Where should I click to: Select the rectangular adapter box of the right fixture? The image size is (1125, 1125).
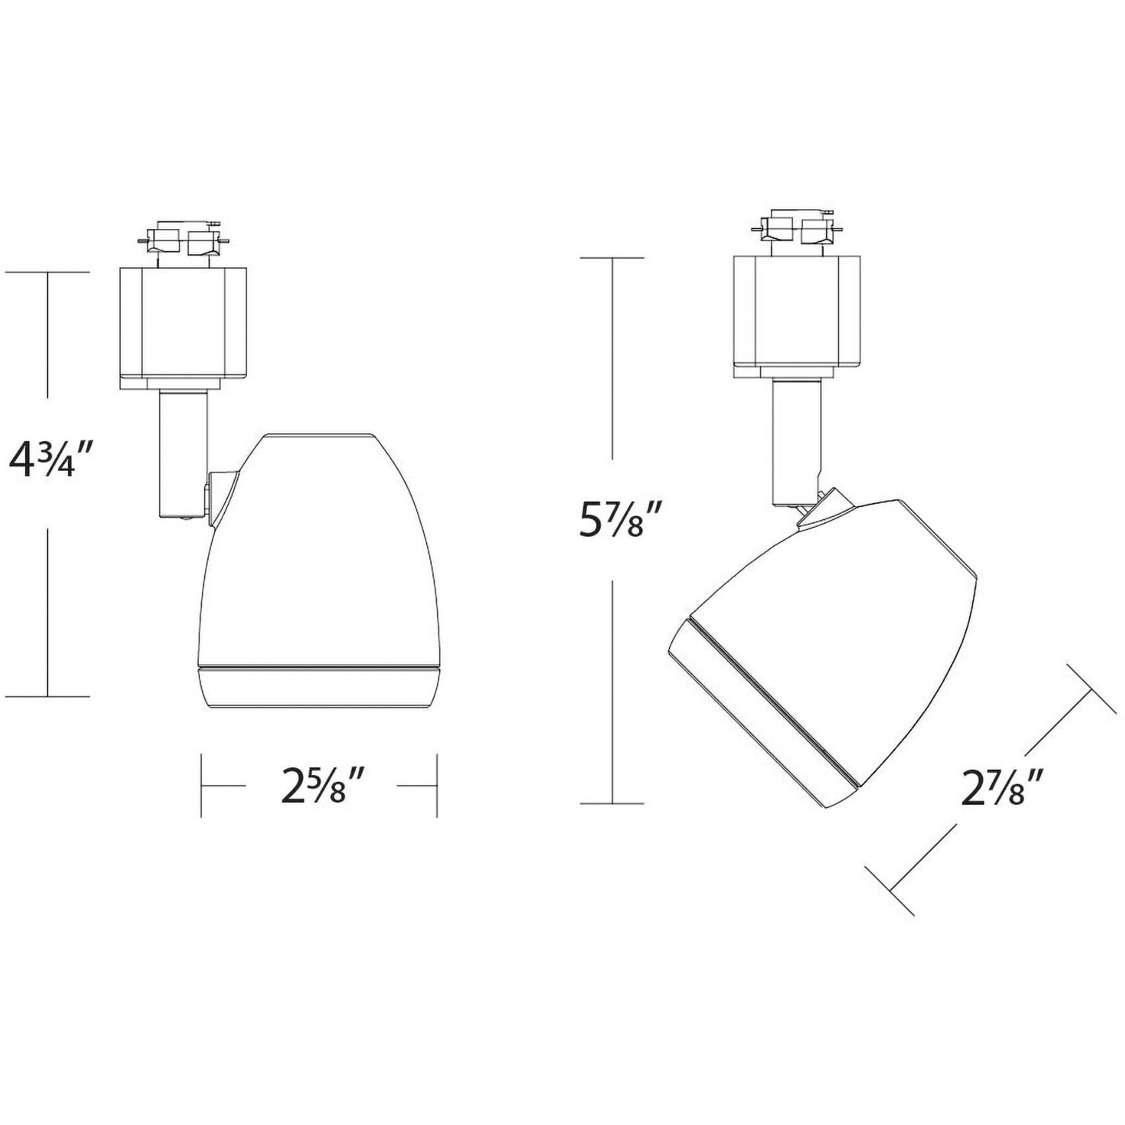(x=797, y=316)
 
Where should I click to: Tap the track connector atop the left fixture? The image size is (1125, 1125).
(x=183, y=242)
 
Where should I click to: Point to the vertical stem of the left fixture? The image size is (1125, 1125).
(x=184, y=456)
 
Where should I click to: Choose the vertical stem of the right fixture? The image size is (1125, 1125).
(x=797, y=442)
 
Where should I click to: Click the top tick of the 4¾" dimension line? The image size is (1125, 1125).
(x=48, y=271)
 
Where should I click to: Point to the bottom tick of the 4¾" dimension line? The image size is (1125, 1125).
(x=48, y=696)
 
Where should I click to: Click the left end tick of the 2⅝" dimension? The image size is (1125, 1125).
(x=201, y=786)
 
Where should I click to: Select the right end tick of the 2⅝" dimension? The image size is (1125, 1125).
(x=436, y=786)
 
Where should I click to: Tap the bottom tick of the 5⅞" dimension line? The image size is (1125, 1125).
(x=613, y=803)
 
